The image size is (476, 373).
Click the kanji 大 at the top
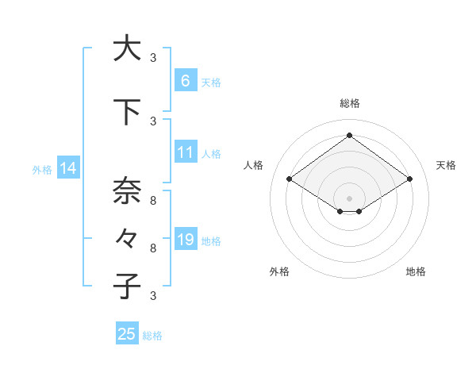coord(126,48)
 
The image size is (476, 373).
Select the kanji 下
coord(126,112)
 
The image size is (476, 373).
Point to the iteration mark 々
coord(126,238)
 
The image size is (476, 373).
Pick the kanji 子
coord(126,286)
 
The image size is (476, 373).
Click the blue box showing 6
coord(185,81)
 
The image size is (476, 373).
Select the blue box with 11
coord(185,153)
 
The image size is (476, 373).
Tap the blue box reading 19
coord(185,240)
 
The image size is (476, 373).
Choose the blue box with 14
coord(67,168)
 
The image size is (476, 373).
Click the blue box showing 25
coord(127,334)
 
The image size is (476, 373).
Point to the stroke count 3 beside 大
coord(153,57)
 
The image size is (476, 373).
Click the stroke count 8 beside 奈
coord(153,201)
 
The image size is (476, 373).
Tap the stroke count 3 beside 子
coord(153,296)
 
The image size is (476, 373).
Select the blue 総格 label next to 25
coord(152,336)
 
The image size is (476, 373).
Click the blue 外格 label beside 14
coord(42,169)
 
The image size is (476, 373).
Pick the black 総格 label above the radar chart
coord(349,103)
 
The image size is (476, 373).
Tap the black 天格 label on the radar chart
coord(447,165)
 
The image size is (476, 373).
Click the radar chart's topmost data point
coord(349,135)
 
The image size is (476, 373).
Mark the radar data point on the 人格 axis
coord(290,179)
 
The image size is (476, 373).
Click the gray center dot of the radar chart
coord(349,198)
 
